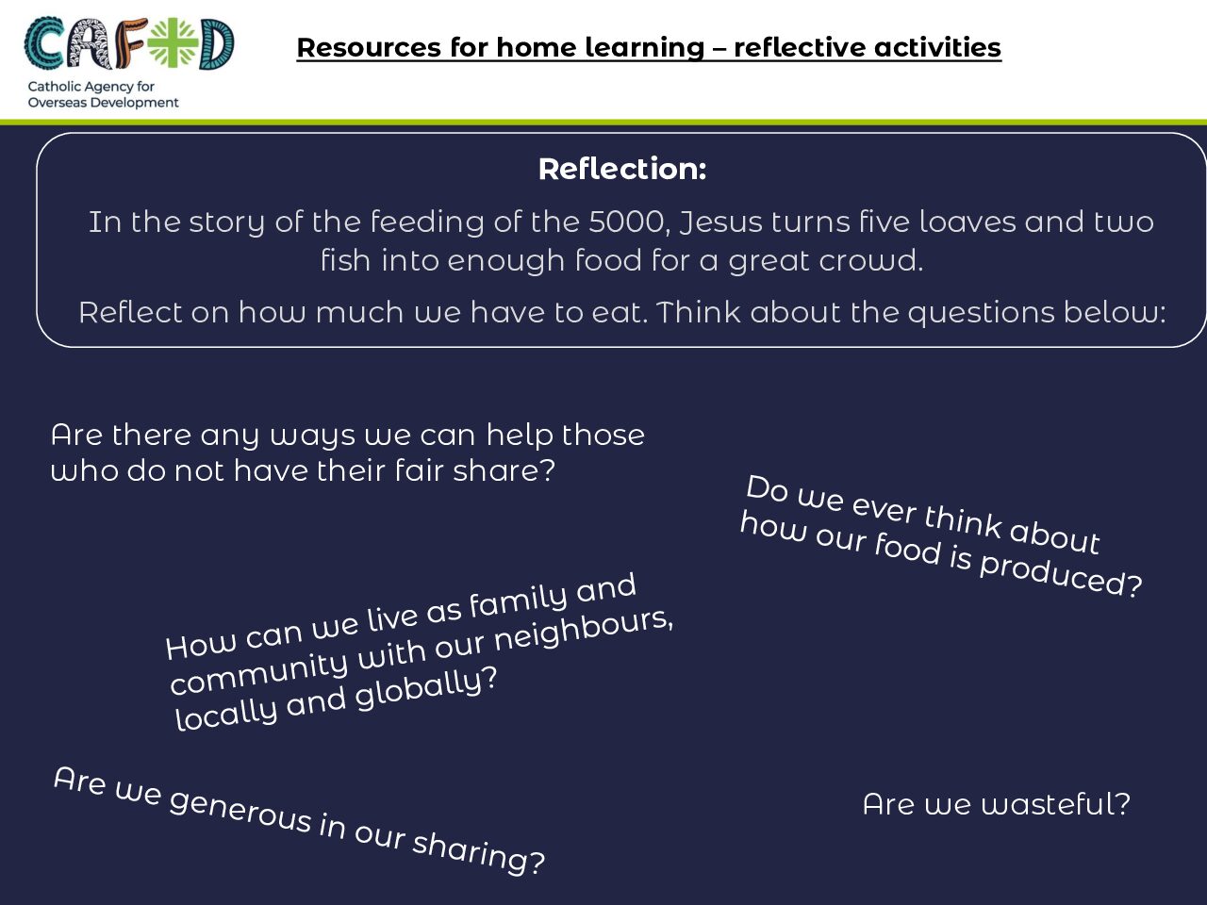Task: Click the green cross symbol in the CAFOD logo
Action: [x=174, y=42]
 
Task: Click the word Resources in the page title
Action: [x=369, y=47]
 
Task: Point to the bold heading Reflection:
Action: [x=622, y=169]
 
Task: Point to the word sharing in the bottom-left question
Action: [x=478, y=851]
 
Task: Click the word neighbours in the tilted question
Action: [x=584, y=632]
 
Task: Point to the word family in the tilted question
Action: [x=518, y=601]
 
